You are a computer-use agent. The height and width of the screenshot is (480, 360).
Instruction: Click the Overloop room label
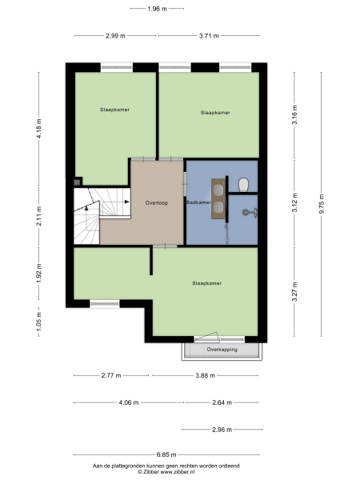click(157, 203)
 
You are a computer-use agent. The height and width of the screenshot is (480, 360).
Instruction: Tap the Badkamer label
click(198, 203)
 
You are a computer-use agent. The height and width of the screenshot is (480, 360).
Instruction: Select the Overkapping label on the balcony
click(222, 350)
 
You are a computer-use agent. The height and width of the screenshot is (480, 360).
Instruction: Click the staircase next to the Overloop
click(94, 214)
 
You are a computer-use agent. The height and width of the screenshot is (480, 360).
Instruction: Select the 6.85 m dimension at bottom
click(167, 454)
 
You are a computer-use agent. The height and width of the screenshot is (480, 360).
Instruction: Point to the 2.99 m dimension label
click(116, 36)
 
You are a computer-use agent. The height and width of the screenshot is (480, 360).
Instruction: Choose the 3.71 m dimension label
click(210, 36)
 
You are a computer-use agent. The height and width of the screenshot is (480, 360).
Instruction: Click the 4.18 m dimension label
click(38, 128)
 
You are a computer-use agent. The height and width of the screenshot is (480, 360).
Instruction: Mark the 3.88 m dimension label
click(206, 375)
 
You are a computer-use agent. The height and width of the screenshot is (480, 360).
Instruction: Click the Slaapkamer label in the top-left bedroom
click(114, 109)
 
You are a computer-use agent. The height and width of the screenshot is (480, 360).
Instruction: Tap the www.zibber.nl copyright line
click(166, 471)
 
